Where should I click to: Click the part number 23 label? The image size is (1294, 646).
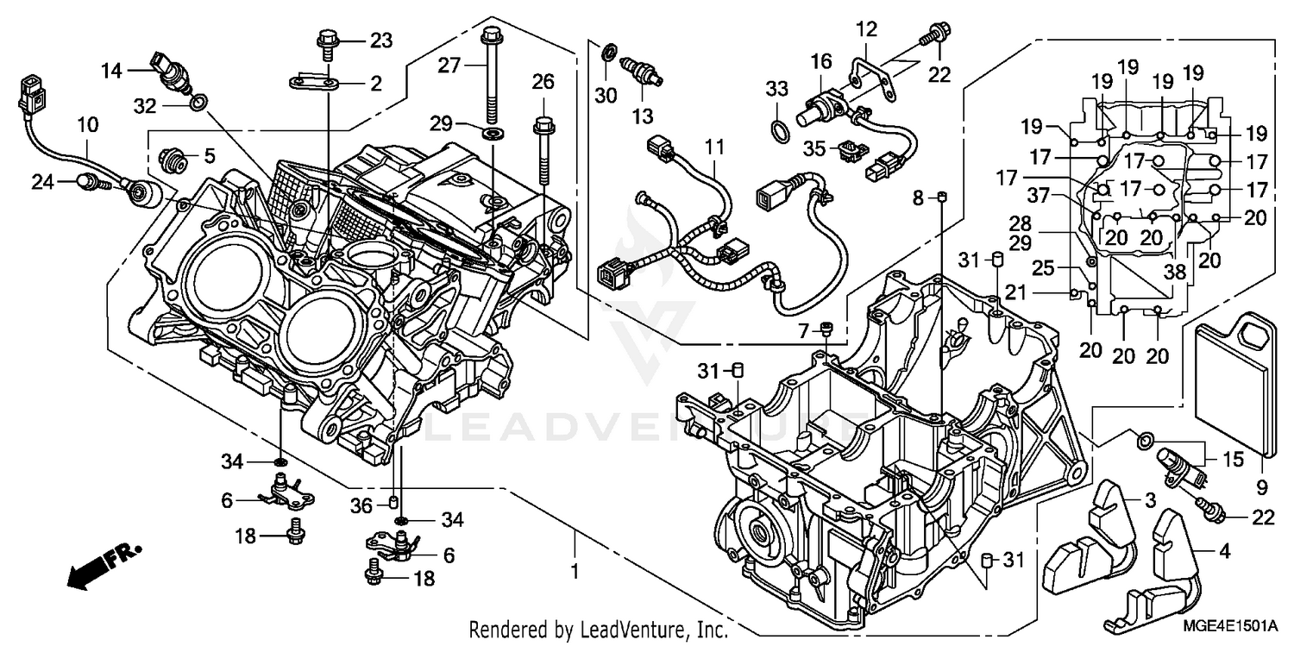point(380,40)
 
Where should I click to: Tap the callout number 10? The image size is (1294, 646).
point(87,126)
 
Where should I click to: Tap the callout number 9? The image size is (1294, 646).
point(1261,488)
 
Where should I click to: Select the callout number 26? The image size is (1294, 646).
point(543,83)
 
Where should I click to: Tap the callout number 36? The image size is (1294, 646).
point(365,504)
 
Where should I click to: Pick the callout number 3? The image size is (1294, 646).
point(1150,501)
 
